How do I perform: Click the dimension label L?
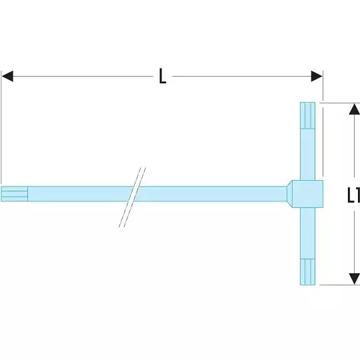(x=163, y=76)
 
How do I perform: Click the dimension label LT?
(x=353, y=195)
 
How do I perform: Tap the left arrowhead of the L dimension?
(x=7, y=76)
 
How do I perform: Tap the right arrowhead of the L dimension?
(x=317, y=76)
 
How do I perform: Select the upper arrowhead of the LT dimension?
(x=354, y=109)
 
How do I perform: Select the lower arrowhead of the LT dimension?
(x=354, y=279)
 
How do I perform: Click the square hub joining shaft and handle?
(x=307, y=194)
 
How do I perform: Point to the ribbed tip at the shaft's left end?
(x=15, y=194)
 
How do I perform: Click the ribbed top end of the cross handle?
(x=307, y=115)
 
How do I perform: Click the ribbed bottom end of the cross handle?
(x=307, y=272)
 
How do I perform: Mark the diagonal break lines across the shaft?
(x=132, y=197)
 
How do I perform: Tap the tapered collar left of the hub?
(x=289, y=194)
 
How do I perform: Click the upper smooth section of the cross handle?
(x=307, y=155)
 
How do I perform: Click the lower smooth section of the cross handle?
(x=307, y=233)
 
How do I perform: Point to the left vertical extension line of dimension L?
(x=1, y=127)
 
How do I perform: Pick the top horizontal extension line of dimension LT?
(x=340, y=103)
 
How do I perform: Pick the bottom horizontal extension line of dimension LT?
(x=340, y=285)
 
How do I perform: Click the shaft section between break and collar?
(x=212, y=194)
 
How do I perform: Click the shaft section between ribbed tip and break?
(x=80, y=194)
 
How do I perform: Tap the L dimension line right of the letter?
(x=241, y=76)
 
